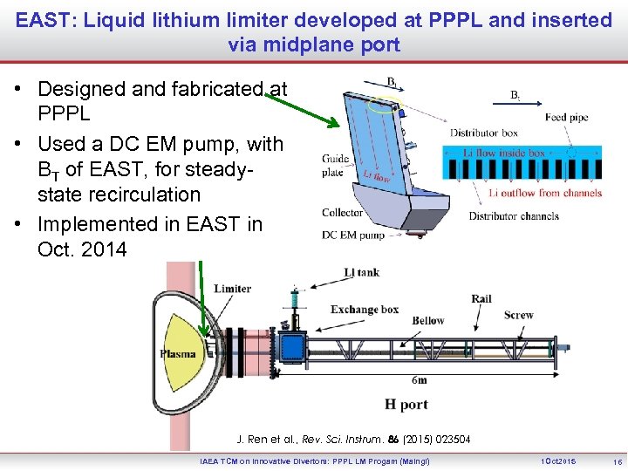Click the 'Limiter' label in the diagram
click(232, 289)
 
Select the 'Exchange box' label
click(365, 309)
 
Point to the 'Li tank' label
click(361, 273)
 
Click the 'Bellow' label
click(428, 320)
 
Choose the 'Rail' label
click(481, 299)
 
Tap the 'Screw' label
click(518, 315)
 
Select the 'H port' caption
click(406, 404)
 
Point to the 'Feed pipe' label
click(567, 118)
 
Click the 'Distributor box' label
click(484, 133)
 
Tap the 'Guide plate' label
click(335, 166)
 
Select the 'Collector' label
click(342, 213)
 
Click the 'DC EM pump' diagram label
click(352, 235)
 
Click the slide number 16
click(617, 461)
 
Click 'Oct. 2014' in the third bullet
click(82, 249)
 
